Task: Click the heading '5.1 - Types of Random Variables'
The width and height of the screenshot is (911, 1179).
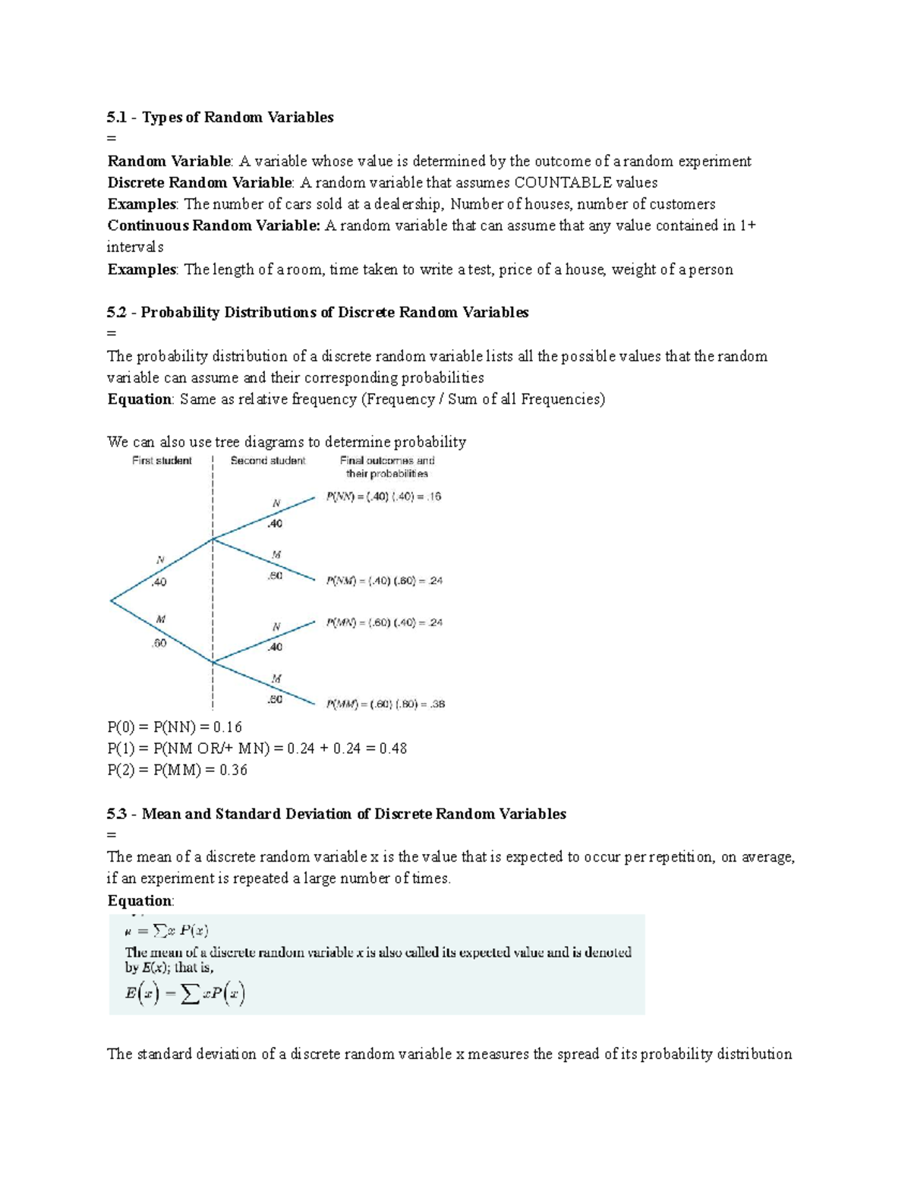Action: pyautogui.click(x=220, y=117)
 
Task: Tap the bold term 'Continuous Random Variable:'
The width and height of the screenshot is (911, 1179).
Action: pyautogui.click(x=214, y=225)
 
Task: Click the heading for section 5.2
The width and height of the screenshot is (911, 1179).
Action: pyautogui.click(x=318, y=312)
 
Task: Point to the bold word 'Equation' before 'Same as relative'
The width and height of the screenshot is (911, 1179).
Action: pyautogui.click(x=140, y=399)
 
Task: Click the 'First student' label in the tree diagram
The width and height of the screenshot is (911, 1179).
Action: pyautogui.click(x=162, y=461)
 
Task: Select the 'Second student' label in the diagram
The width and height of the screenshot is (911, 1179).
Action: pyautogui.click(x=267, y=461)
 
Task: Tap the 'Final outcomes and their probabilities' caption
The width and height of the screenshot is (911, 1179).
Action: pyautogui.click(x=387, y=467)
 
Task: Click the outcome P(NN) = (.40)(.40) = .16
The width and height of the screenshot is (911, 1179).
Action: pyautogui.click(x=383, y=497)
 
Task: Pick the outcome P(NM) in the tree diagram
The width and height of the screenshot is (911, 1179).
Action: pyautogui.click(x=384, y=581)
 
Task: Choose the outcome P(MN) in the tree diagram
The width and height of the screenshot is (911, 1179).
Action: pyautogui.click(x=384, y=623)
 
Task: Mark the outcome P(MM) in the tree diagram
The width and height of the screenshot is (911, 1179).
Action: pyautogui.click(x=385, y=704)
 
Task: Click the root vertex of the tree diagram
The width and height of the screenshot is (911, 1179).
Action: pyautogui.click(x=112, y=601)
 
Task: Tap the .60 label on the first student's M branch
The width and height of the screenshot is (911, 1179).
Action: pyautogui.click(x=159, y=643)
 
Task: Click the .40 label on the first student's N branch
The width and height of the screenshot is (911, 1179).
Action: pyautogui.click(x=159, y=582)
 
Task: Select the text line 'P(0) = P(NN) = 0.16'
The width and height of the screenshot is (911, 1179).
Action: pyautogui.click(x=175, y=727)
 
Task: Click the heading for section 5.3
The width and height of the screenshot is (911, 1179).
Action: pyautogui.click(x=336, y=814)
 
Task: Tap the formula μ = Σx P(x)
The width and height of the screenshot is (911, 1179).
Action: pyautogui.click(x=167, y=931)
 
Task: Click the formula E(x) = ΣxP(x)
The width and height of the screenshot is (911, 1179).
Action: pyautogui.click(x=184, y=994)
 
